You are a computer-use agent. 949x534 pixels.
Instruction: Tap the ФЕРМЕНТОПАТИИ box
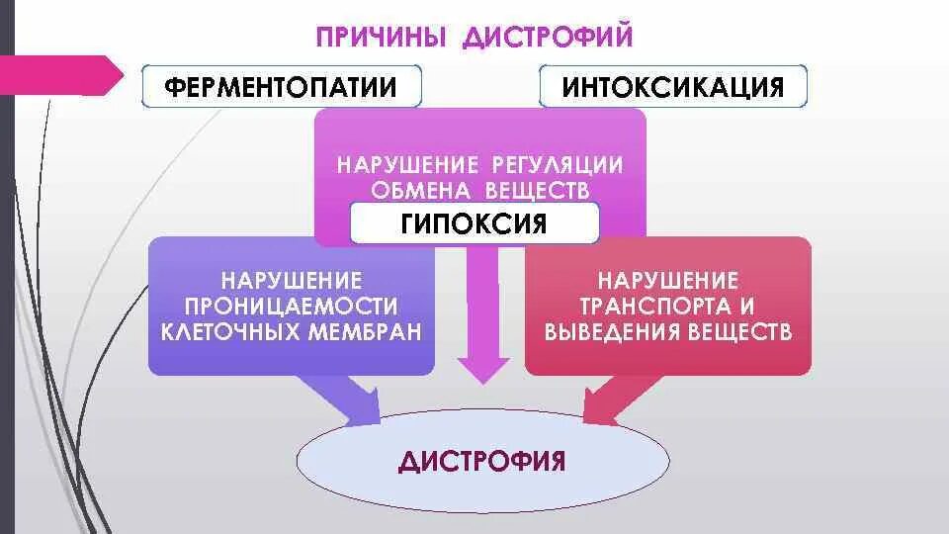coord(281,87)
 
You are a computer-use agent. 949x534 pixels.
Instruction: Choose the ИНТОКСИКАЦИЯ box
coord(673,87)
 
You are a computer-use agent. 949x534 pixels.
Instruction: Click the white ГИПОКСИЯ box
coord(474,222)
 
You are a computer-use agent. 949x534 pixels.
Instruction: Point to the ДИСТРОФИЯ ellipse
coord(482,462)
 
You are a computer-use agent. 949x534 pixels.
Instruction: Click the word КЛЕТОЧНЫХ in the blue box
coord(231,331)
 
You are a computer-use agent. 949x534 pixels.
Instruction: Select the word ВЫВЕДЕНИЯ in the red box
coord(610,332)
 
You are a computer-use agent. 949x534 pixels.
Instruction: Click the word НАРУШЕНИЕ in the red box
coord(668,282)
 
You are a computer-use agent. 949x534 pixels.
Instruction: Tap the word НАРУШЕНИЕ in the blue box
coord(291,282)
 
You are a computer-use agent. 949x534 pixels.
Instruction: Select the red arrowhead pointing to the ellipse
coord(599,405)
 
